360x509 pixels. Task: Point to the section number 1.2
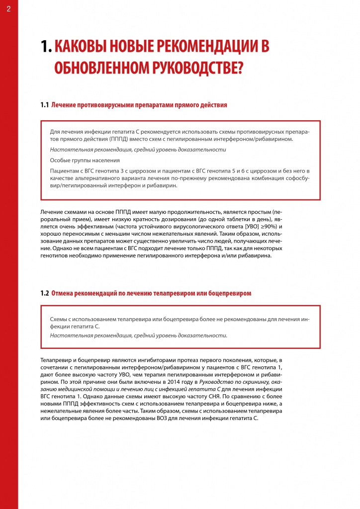(x=44, y=293)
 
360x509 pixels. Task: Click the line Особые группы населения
(x=85, y=160)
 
